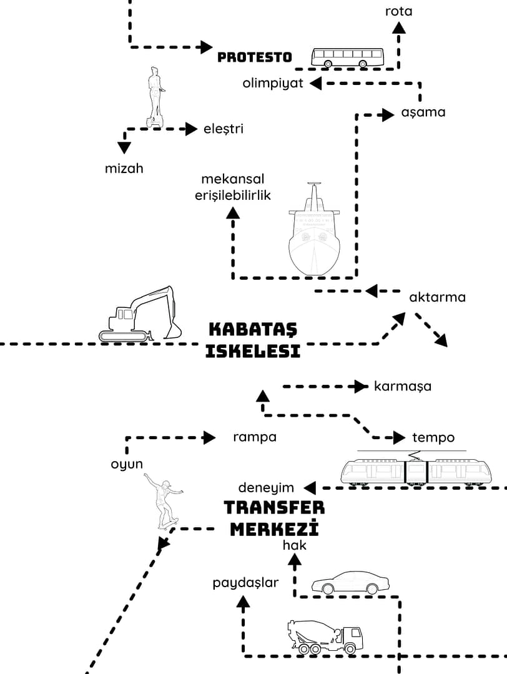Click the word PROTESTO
coord(255,57)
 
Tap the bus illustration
coord(347,57)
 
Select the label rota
coord(398,11)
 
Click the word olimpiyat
coord(273,84)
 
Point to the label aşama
coord(423,112)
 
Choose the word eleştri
coord(224,129)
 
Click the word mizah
coord(124,168)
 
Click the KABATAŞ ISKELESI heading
coord(253,340)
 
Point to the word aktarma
coord(437,297)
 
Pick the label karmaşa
coord(403,386)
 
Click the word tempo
coord(433,437)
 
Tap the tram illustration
coord(415,470)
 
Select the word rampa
coord(255,437)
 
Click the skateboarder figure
coord(164,500)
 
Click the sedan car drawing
coord(350,583)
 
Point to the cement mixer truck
coord(325,637)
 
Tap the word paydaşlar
coord(245,583)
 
